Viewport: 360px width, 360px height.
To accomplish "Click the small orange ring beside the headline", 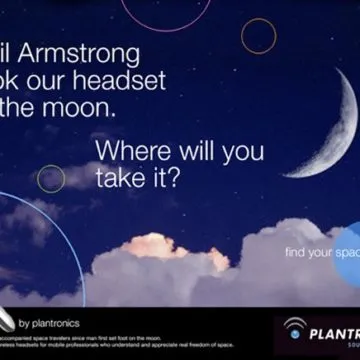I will pyautogui.click(x=258, y=36).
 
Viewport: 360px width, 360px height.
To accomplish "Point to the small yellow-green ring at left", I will pyautogui.click(x=51, y=178).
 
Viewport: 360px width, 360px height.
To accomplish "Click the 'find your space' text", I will pyautogui.click(x=317, y=252).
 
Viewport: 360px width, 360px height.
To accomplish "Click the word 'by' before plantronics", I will pyautogui.click(x=24, y=322).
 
